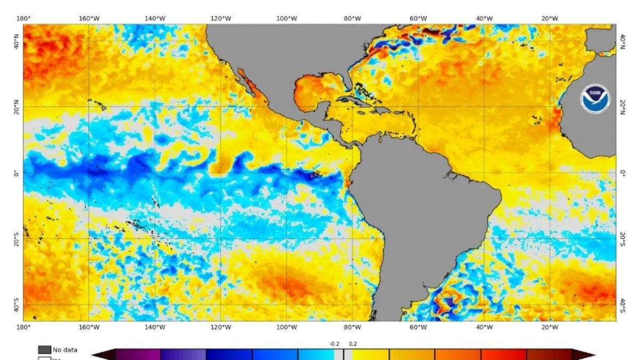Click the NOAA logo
pyautogui.click(x=595, y=99)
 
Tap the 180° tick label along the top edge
pyautogui.click(x=23, y=19)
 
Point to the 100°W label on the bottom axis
pyautogui.click(x=286, y=327)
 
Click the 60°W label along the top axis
pyautogui.click(x=418, y=19)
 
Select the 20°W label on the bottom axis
pyautogui.click(x=550, y=327)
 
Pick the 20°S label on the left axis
pyautogui.click(x=16, y=239)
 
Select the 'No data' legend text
pyautogui.click(x=65, y=350)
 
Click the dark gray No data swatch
pyautogui.click(x=45, y=350)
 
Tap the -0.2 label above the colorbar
pyautogui.click(x=334, y=344)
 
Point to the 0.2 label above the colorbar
pyautogui.click(x=353, y=344)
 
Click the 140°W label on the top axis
pyautogui.click(x=155, y=19)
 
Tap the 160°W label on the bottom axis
pyautogui.click(x=89, y=327)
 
